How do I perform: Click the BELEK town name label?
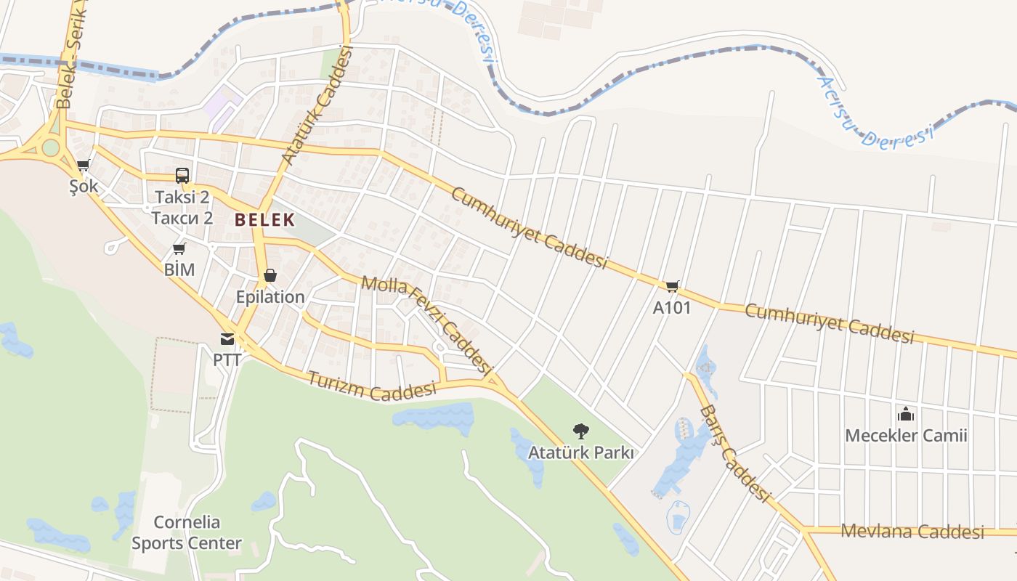point(264,219)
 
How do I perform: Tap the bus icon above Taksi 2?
point(182,176)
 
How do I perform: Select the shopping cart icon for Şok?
point(83,166)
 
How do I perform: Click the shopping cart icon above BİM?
point(179,249)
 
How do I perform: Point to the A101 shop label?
point(672,308)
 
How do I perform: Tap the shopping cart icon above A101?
point(672,287)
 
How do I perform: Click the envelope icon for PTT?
point(227,338)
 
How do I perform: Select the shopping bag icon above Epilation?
point(270,275)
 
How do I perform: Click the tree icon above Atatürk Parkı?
point(580,431)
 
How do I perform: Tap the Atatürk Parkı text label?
point(581,453)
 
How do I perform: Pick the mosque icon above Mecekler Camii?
point(906,414)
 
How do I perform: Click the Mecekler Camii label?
point(906,436)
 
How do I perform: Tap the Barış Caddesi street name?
point(734,454)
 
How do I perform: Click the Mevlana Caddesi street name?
point(912,531)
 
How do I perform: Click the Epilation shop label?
point(270,297)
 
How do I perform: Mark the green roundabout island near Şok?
point(50,147)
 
